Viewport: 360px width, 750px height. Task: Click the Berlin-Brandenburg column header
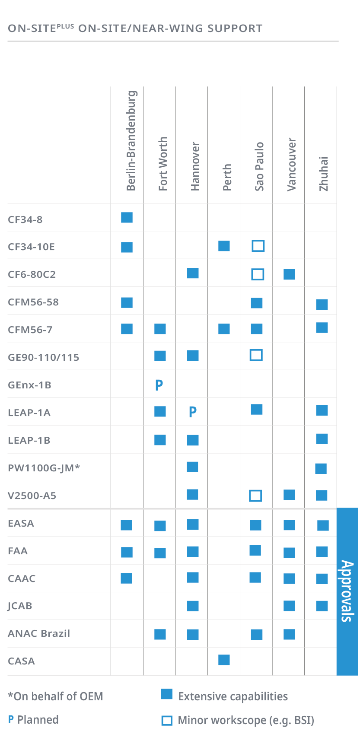coord(131,141)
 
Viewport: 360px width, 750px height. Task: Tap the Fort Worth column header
coord(163,164)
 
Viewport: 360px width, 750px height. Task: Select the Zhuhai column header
coord(324,174)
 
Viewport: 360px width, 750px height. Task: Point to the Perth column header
coord(227,177)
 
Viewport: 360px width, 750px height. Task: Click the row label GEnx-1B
coord(29,385)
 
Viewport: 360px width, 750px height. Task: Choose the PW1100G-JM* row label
coord(44,468)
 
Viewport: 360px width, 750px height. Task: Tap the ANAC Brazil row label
coord(39,633)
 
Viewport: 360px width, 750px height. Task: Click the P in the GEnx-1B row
coord(159,385)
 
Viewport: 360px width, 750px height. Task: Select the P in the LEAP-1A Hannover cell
coord(193,412)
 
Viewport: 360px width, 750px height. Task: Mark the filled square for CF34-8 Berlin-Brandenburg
coord(127,217)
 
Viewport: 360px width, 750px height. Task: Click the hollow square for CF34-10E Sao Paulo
coord(258,246)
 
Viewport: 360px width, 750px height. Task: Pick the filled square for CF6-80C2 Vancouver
coord(289,274)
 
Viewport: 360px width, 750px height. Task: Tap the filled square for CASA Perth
coord(224,660)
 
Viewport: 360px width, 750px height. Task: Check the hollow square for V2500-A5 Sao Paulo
coord(255,496)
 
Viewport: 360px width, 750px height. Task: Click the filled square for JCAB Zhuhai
coord(322,606)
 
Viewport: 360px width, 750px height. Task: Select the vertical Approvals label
coord(347,591)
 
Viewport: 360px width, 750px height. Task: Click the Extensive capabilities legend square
coord(167,694)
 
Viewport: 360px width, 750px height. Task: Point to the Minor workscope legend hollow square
coord(167,721)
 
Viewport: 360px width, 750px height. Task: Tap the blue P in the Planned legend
coord(11,720)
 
